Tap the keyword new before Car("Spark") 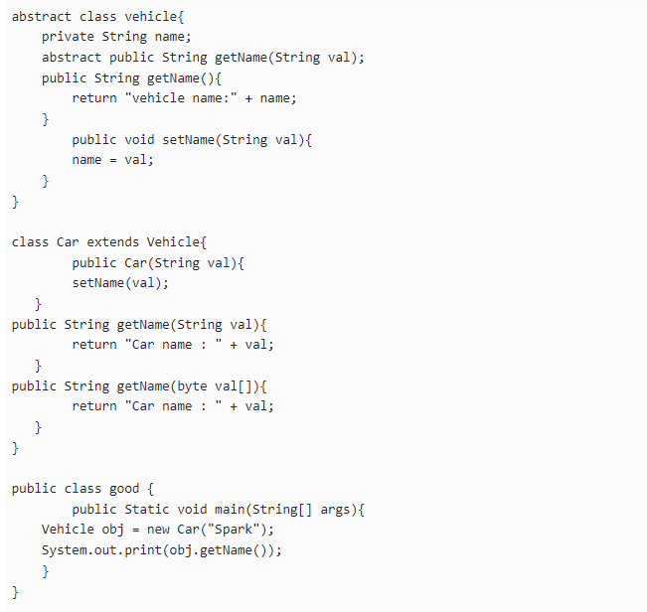pyautogui.click(x=158, y=529)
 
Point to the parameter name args pyautogui.click(x=339, y=509)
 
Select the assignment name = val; pyautogui.click(x=112, y=159)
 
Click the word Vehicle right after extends pyautogui.click(x=173, y=241)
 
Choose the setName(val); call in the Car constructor pyautogui.click(x=120, y=282)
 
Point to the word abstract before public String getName pyautogui.click(x=72, y=57)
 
